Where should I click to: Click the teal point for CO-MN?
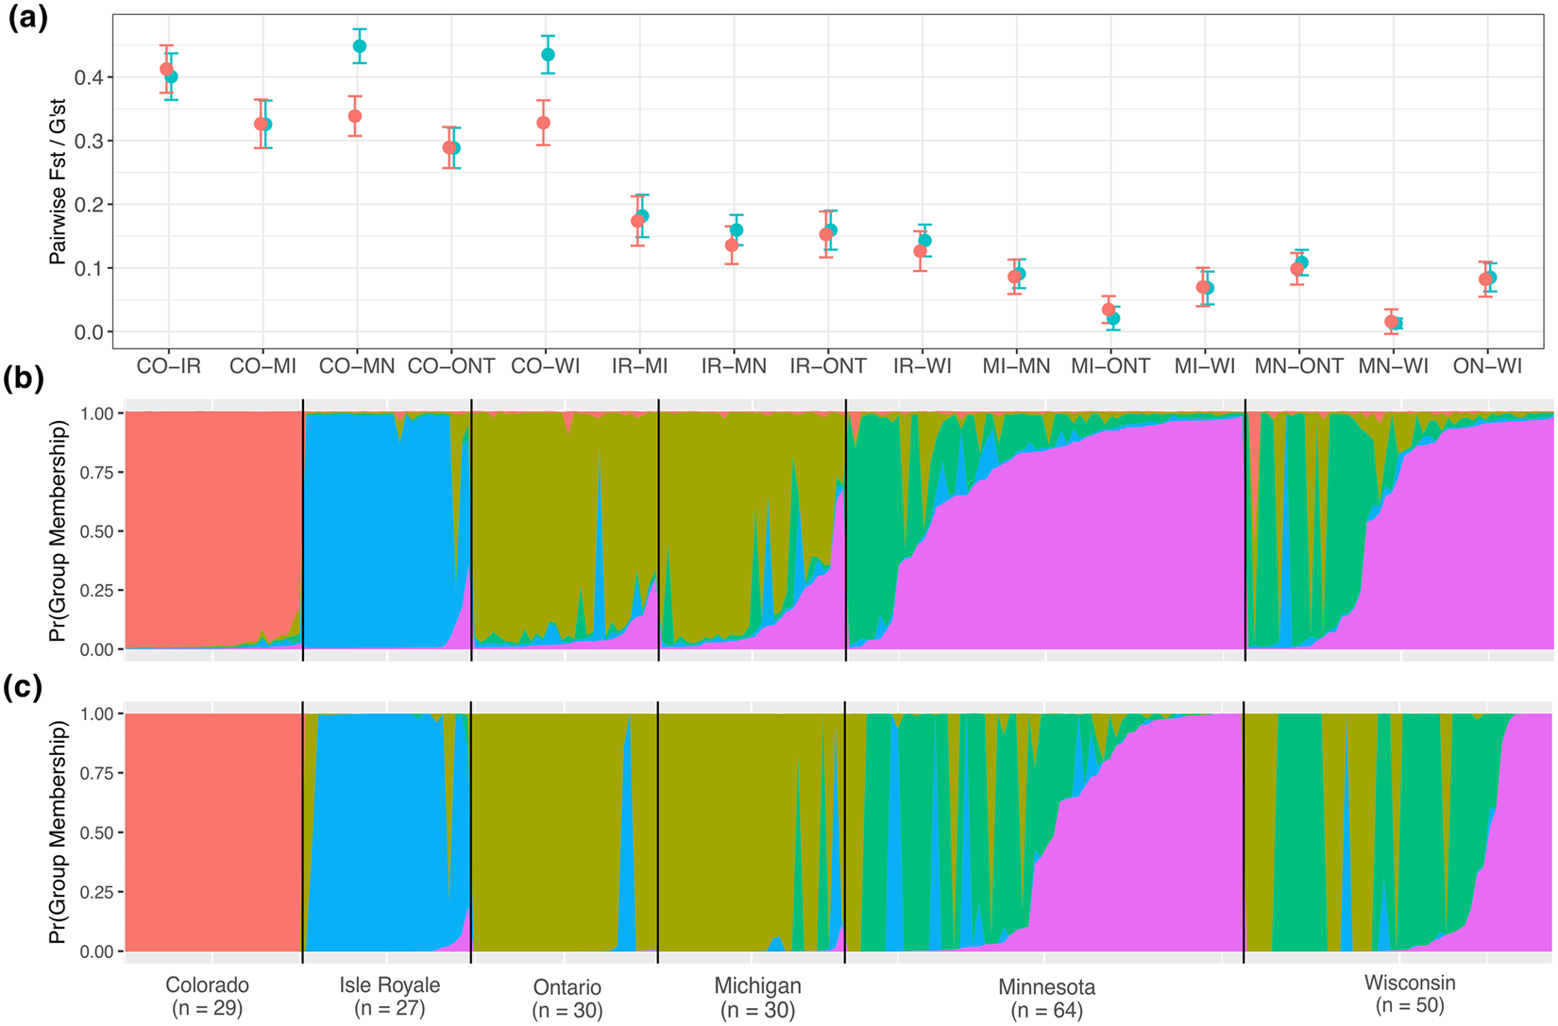pos(359,46)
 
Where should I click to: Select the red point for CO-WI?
pos(543,123)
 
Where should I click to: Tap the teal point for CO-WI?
pos(548,55)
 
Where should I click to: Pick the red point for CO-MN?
pos(355,116)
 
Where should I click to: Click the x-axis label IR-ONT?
pos(828,366)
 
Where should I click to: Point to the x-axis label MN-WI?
pos(1393,366)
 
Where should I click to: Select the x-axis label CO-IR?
pos(168,366)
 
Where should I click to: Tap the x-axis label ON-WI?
pos(1487,366)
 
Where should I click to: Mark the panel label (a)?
pos(27,19)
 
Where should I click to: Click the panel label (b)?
pos(24,378)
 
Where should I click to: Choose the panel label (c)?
pos(24,687)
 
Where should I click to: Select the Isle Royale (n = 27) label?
pos(389,997)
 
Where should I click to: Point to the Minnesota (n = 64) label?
pos(1046,999)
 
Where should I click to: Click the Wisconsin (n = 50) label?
pos(1410,994)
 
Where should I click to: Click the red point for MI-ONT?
pos(1109,310)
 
